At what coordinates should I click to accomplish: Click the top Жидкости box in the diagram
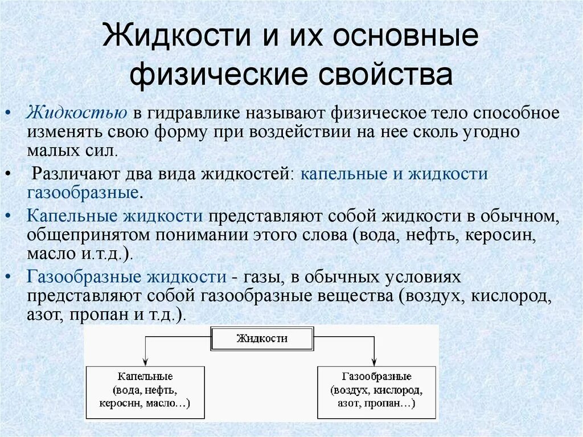(x=262, y=338)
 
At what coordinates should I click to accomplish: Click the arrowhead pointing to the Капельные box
(x=145, y=362)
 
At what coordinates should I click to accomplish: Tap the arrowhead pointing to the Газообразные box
(x=375, y=362)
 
